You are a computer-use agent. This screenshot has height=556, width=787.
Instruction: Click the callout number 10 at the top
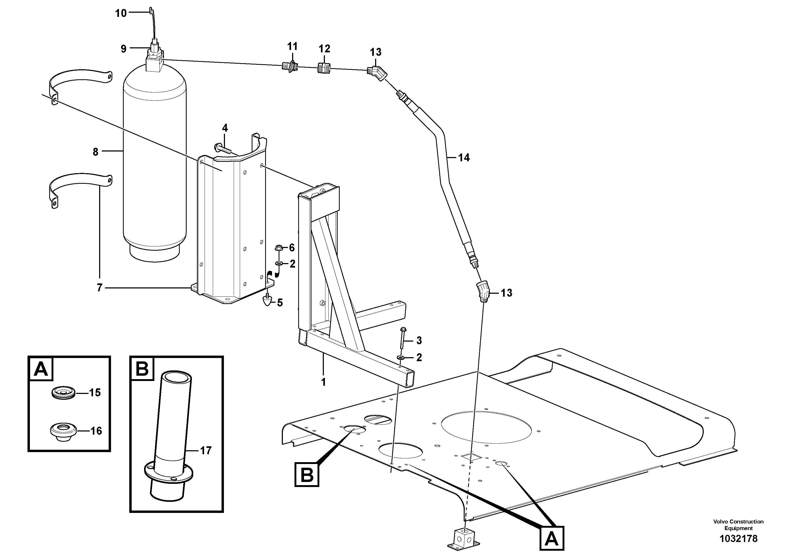pos(121,13)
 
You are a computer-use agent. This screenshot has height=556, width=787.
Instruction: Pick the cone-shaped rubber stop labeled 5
pos(267,302)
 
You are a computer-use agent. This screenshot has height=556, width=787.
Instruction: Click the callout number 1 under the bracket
pos(323,382)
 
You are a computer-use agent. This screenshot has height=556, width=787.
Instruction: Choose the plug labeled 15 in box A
pos(64,393)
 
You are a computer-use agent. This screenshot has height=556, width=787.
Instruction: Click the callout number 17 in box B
pos(206,451)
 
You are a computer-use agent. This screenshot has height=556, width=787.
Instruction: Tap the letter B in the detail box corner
pos(142,369)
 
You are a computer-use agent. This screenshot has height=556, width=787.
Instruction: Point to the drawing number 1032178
pos(738,539)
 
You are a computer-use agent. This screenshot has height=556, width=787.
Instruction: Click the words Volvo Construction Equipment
pos(738,525)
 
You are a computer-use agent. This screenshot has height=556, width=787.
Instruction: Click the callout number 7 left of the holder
pos(99,288)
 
